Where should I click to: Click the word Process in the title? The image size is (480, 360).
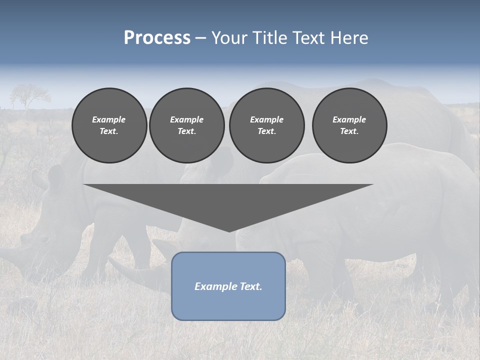coord(157,38)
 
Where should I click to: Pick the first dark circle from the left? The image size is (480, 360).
coord(109,125)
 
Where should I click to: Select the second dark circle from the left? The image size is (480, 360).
coord(186,125)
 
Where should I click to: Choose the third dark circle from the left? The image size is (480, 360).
coord(266,125)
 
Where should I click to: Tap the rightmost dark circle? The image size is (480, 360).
coord(349,125)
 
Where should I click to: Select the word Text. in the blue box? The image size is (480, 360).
coord(250,286)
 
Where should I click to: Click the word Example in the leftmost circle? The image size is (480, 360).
coord(109,119)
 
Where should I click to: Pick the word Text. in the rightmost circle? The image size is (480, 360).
coord(349,131)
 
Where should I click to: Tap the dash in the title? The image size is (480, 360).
coord(201,38)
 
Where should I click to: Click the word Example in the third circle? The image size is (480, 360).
coord(266,119)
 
